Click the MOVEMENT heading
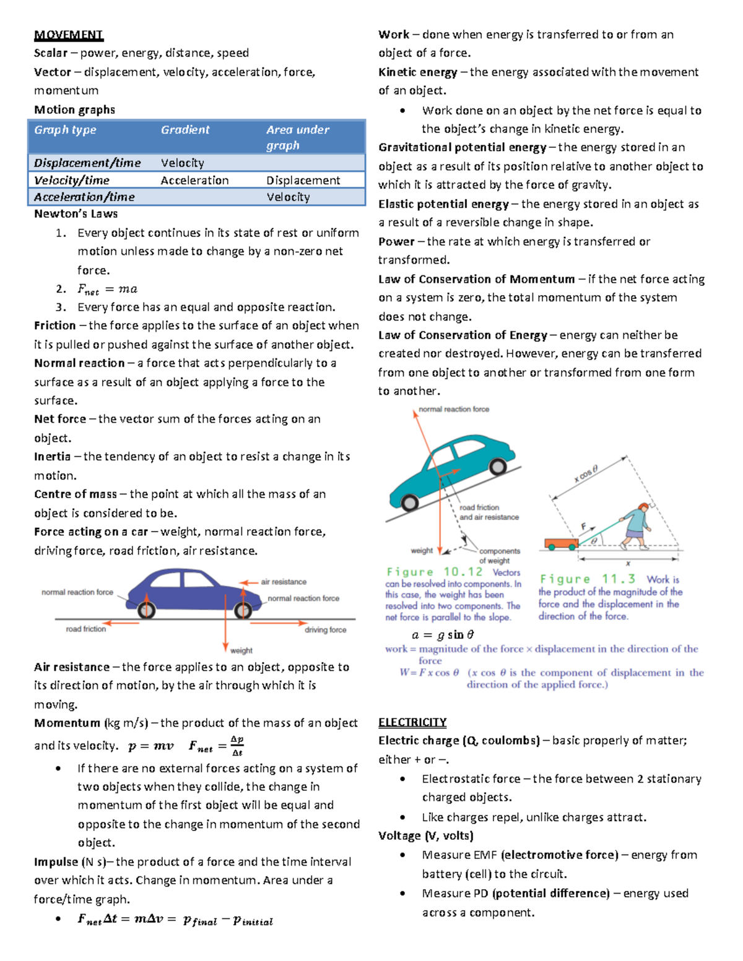pyautogui.click(x=68, y=35)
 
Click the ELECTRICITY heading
pyautogui.click(x=412, y=722)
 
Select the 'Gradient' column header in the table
pyautogui.click(x=185, y=130)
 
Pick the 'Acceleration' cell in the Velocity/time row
pyautogui.click(x=194, y=180)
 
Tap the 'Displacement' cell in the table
pyautogui.click(x=303, y=180)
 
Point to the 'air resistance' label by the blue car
pyautogui.click(x=284, y=582)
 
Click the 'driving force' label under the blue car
pyautogui.click(x=325, y=630)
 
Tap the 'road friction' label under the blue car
pyautogui.click(x=86, y=629)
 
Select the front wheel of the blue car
pyautogui.click(x=243, y=611)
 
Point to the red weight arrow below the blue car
pyautogui.click(x=226, y=625)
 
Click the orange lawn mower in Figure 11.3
pyautogui.click(x=560, y=544)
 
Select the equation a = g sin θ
pyautogui.click(x=443, y=635)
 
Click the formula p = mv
pyautogui.click(x=150, y=746)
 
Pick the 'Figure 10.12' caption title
pyautogui.click(x=435, y=572)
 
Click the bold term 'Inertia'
pyautogui.click(x=52, y=457)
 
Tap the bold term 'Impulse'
pyautogui.click(x=56, y=862)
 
